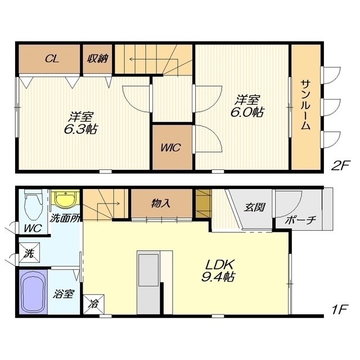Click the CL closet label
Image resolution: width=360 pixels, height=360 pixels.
(x=52, y=58)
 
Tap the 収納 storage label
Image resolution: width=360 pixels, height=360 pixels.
(x=97, y=58)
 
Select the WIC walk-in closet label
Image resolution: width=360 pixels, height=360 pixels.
(x=171, y=147)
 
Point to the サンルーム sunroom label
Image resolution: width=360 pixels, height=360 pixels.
(x=305, y=105)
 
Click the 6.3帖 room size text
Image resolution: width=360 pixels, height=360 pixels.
(x=80, y=130)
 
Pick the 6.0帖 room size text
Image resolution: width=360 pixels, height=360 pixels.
(x=247, y=112)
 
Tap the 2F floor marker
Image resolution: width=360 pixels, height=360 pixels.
(x=340, y=165)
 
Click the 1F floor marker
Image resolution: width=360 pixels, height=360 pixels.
(x=340, y=309)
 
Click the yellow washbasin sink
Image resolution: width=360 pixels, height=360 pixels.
(x=65, y=199)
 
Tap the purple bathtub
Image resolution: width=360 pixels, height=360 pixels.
(x=33, y=292)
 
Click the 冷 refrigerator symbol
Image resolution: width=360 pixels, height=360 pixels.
(x=94, y=304)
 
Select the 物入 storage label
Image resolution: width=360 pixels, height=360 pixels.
(x=161, y=204)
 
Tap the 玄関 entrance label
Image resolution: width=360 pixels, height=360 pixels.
(x=254, y=207)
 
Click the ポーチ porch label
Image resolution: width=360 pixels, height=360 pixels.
(x=300, y=220)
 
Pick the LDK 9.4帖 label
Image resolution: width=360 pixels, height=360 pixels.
(x=218, y=271)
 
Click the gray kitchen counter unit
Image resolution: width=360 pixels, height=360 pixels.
(x=148, y=282)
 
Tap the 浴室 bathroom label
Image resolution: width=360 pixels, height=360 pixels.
(x=63, y=294)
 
